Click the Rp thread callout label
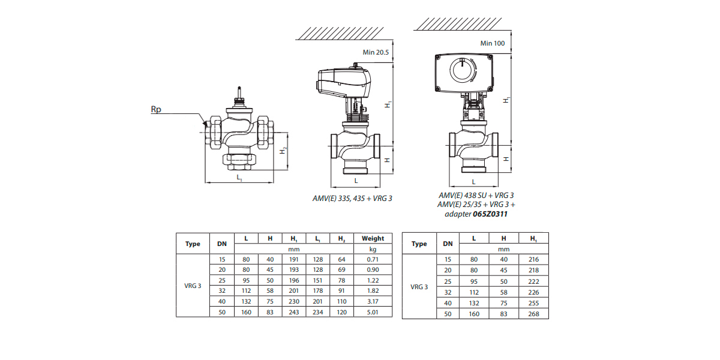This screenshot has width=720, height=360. pyautogui.click(x=155, y=110)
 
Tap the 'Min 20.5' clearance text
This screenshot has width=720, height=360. pyautogui.click(x=376, y=53)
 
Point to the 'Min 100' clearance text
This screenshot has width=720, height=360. pyautogui.click(x=493, y=43)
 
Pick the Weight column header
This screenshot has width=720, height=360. pyautogui.click(x=373, y=238)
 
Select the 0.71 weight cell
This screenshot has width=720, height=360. pyautogui.click(x=373, y=259)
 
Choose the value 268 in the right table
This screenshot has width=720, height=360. pyautogui.click(x=534, y=314)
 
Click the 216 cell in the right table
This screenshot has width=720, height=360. pyautogui.click(x=534, y=259)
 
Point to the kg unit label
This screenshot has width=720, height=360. pyautogui.click(x=373, y=248)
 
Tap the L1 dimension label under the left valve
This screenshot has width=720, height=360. pyautogui.click(x=239, y=178)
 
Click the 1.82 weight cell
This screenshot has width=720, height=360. pyautogui.click(x=373, y=292)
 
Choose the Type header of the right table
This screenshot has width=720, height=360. pyautogui.click(x=419, y=244)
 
